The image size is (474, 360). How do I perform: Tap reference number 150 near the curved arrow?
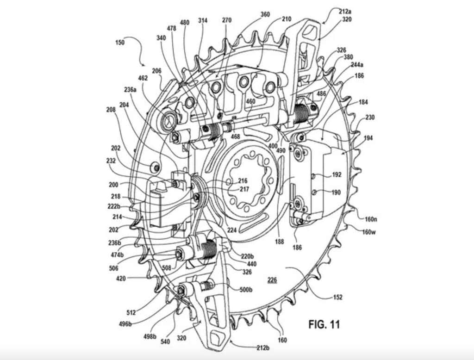coord(119,43)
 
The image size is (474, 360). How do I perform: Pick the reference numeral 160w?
coord(369,232)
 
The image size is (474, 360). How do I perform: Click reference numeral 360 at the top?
coord(265,14)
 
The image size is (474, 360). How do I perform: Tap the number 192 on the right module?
coord(337,175)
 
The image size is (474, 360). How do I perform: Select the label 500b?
coord(246,290)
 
